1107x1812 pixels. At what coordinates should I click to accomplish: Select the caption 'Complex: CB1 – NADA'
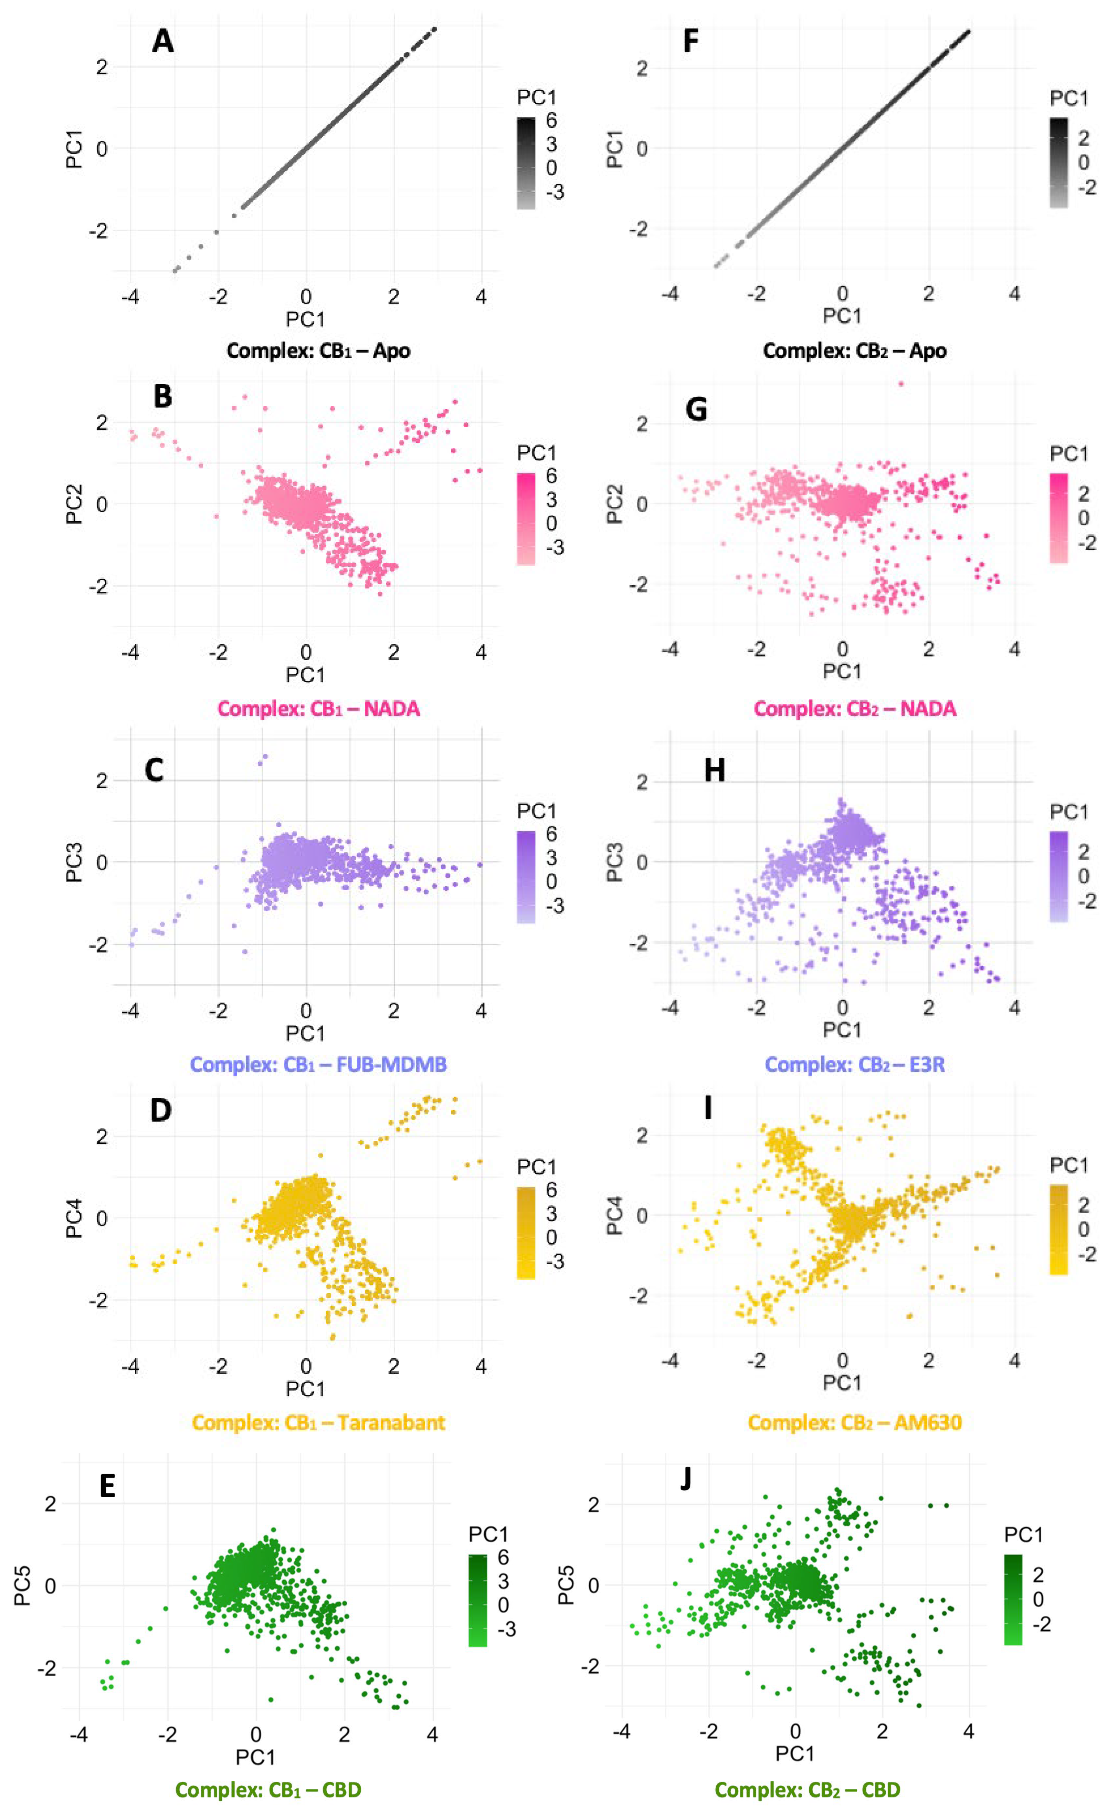(x=318, y=709)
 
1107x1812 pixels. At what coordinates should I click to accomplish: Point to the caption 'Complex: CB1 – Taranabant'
(x=318, y=1422)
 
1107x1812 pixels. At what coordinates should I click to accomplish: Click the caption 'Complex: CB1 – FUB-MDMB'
(x=318, y=1064)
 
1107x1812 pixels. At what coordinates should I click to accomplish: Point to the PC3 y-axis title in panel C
(x=74, y=862)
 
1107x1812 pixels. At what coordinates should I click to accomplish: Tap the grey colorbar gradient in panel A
(x=526, y=163)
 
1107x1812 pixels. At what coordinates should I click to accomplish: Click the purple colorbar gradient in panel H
(x=1058, y=877)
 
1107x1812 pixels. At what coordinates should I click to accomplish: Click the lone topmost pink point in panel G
(x=900, y=383)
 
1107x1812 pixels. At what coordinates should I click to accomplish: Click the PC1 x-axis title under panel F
(x=842, y=315)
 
